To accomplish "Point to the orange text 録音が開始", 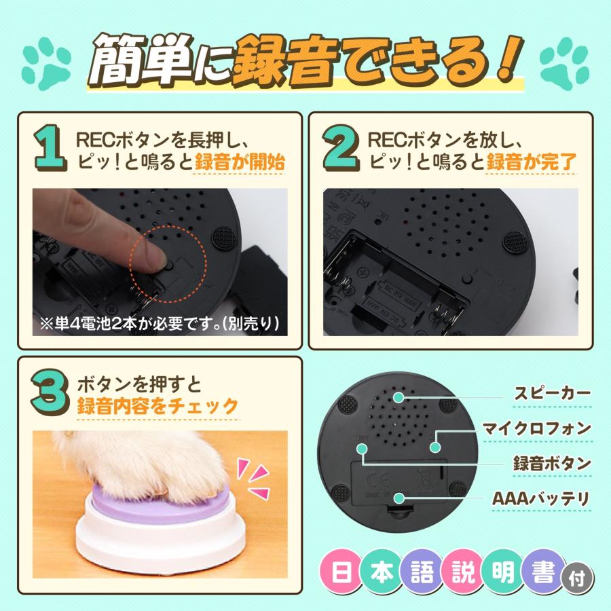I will point(240,163).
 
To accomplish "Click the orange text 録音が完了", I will point(532,163).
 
